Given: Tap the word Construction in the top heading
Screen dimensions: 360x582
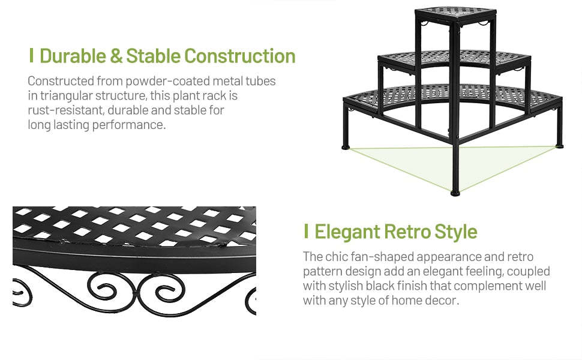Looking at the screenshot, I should [x=240, y=56].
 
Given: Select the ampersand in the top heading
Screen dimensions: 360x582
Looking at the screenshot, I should [x=116, y=56].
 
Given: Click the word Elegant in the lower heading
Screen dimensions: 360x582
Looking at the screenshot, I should [x=347, y=232].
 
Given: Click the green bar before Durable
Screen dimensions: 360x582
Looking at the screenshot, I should [x=31, y=56].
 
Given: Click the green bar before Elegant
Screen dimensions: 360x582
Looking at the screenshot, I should [x=306, y=232].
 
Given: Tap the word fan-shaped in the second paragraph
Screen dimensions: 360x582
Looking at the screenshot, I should [x=379, y=257].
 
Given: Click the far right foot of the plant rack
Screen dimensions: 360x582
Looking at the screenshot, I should [x=560, y=145].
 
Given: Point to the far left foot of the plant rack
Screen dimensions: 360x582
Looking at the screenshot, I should [x=346, y=146].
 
